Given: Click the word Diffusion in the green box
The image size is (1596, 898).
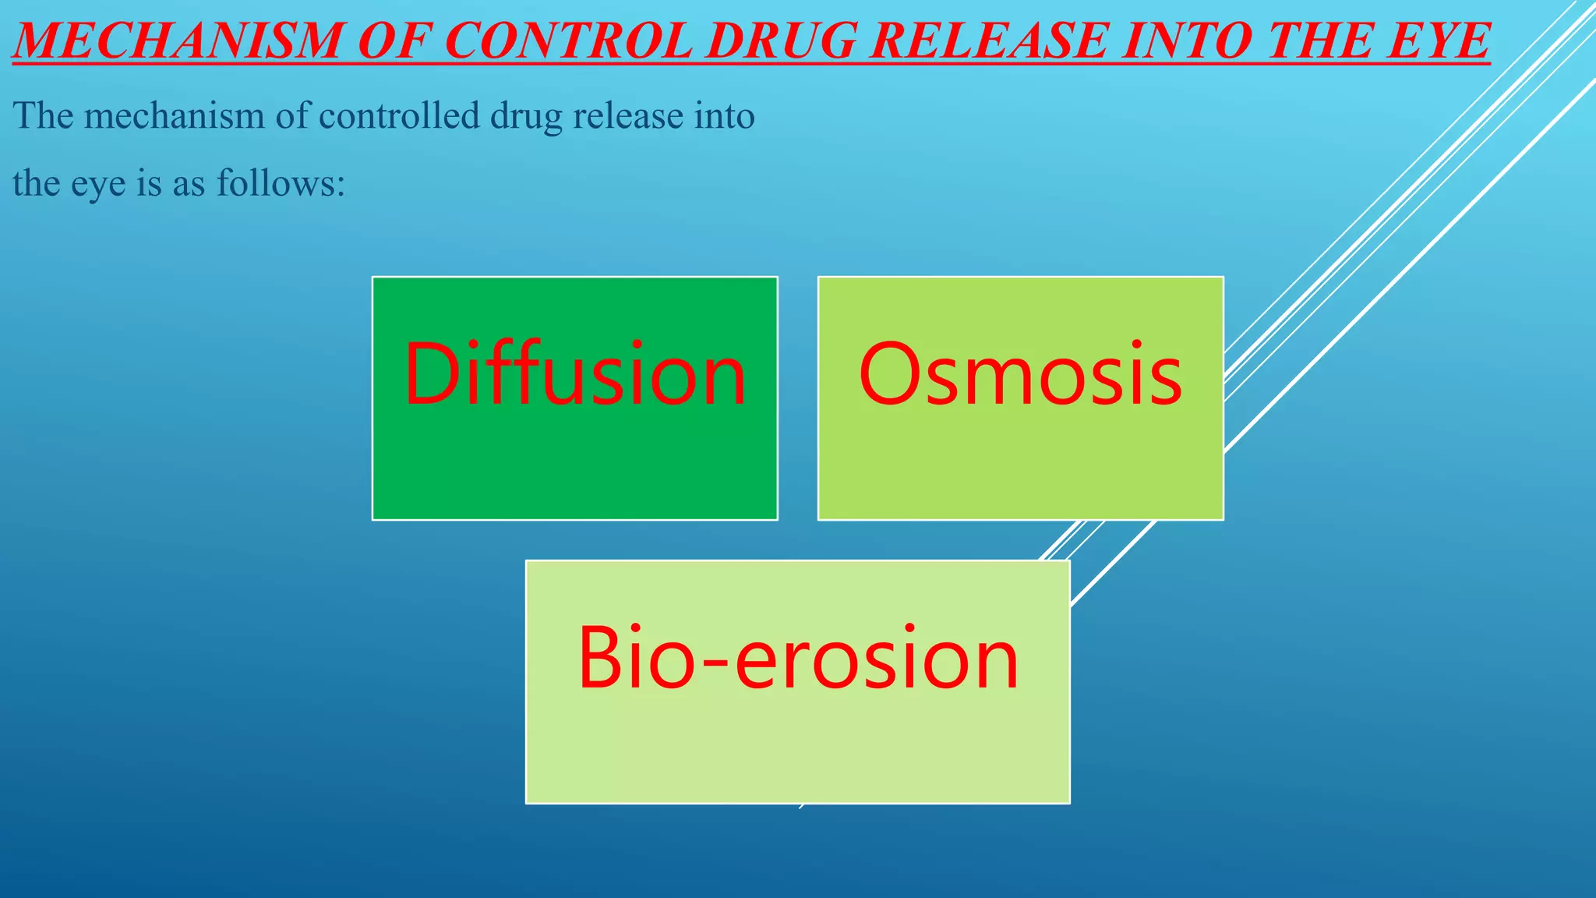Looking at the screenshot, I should coord(575,375).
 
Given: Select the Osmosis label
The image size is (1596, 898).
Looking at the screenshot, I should coord(1020,375).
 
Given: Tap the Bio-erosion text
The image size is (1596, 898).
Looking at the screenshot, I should coord(797,659).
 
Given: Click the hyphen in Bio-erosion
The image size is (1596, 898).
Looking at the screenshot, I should coord(715,663).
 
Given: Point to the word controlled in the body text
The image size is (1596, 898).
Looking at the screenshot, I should coord(400,117).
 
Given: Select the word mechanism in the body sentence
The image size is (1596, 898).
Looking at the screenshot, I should coord(175,117).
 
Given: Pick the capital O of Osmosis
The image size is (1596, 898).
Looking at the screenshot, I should coord(888,375).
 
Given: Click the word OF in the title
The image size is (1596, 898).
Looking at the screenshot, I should coord(393,41).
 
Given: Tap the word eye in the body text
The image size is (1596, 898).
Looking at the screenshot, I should coord(98,186).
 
